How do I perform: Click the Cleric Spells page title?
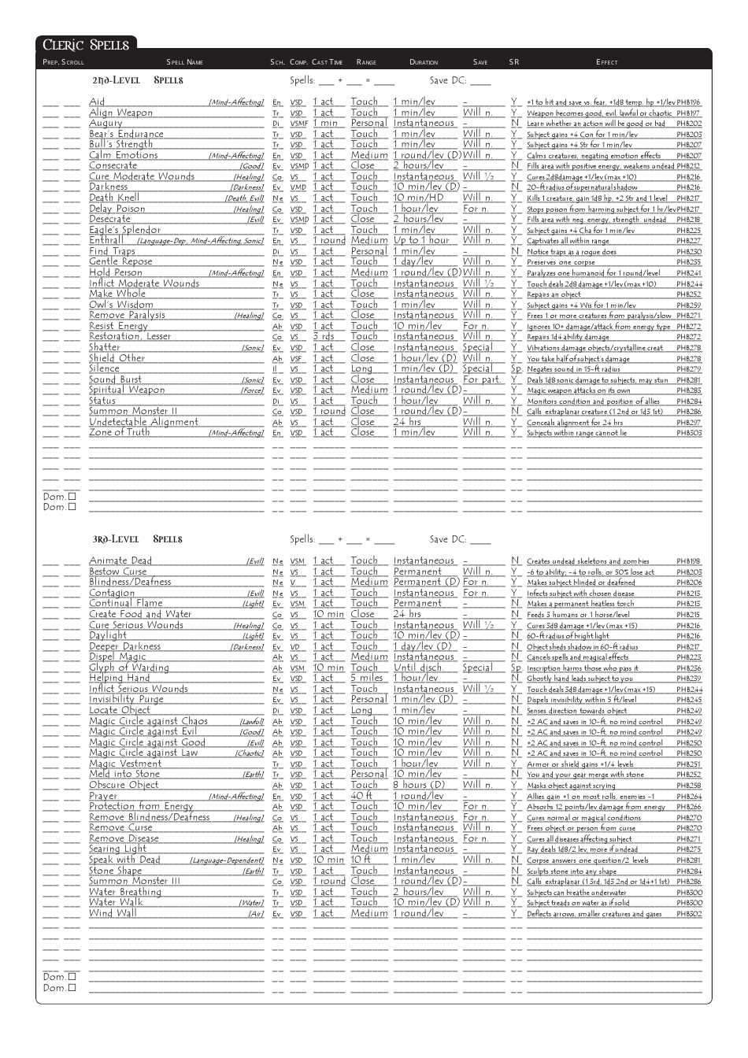point(85,45)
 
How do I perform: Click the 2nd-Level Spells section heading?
point(138,80)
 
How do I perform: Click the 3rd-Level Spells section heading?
point(138,539)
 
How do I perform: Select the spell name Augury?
point(106,124)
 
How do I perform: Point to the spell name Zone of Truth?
point(119,432)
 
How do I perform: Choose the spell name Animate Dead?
point(120,560)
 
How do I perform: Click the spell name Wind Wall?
point(113,913)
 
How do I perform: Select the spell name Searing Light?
point(117,849)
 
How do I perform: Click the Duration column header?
point(424,62)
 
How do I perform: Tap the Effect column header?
point(607,62)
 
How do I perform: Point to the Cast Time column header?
point(328,62)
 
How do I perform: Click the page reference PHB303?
point(689,433)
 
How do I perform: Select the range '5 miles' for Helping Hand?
point(367,678)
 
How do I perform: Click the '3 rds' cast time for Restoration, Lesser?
point(324,336)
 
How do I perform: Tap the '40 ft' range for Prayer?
point(361,796)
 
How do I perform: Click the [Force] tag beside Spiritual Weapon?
point(252,390)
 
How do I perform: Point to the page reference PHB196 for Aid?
point(689,102)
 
